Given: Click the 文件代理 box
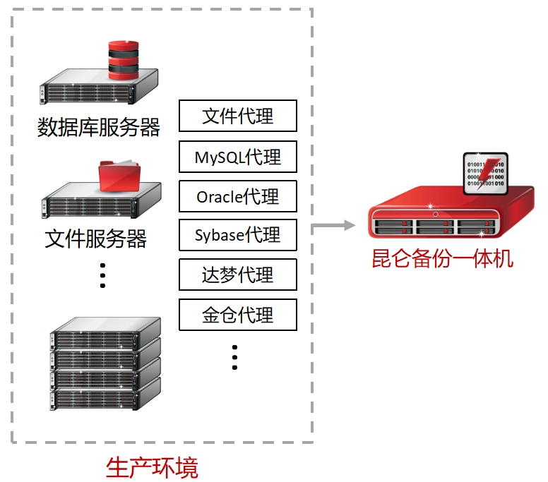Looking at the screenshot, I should tap(237, 116).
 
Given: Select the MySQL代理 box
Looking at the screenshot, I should tap(237, 157).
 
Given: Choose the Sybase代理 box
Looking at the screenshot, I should tap(237, 236).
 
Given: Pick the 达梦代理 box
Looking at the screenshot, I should tap(237, 275).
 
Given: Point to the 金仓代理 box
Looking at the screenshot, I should tap(237, 315).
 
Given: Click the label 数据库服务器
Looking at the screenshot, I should tap(99, 128).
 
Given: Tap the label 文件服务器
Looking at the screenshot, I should tap(96, 239).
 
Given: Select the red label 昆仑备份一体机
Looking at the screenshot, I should tap(442, 258).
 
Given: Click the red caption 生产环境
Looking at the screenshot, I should tap(152, 467).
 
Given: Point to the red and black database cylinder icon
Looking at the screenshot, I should tap(124, 60).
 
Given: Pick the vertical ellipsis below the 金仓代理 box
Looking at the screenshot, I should tap(235, 357).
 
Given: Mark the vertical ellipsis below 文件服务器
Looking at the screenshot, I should tap(102, 275).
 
